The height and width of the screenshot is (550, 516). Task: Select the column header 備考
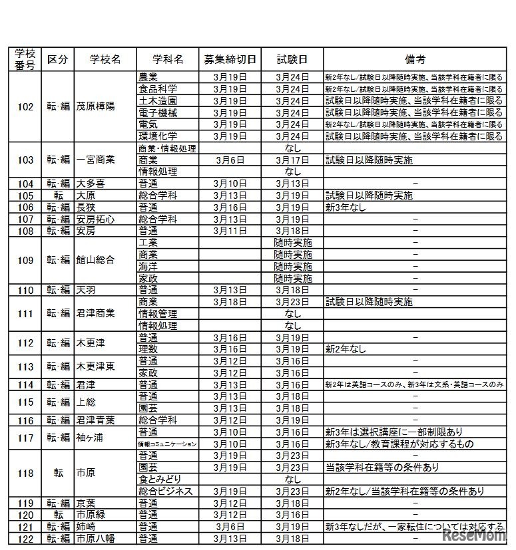click(414, 59)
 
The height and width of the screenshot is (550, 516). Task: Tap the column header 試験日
click(293, 59)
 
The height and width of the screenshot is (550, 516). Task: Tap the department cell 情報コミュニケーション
click(167, 444)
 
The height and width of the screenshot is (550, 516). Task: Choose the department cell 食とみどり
click(160, 479)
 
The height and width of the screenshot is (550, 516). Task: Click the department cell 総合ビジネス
click(165, 491)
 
